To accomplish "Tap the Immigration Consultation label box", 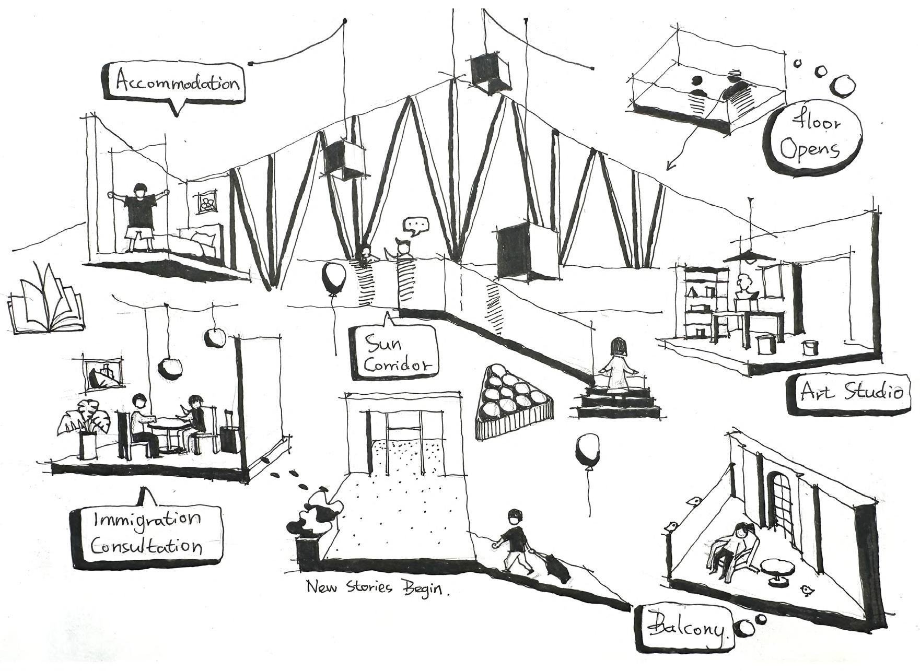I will coord(147,533).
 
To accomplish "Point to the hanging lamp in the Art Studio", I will coord(749,256).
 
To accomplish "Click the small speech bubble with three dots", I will coord(416,227).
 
